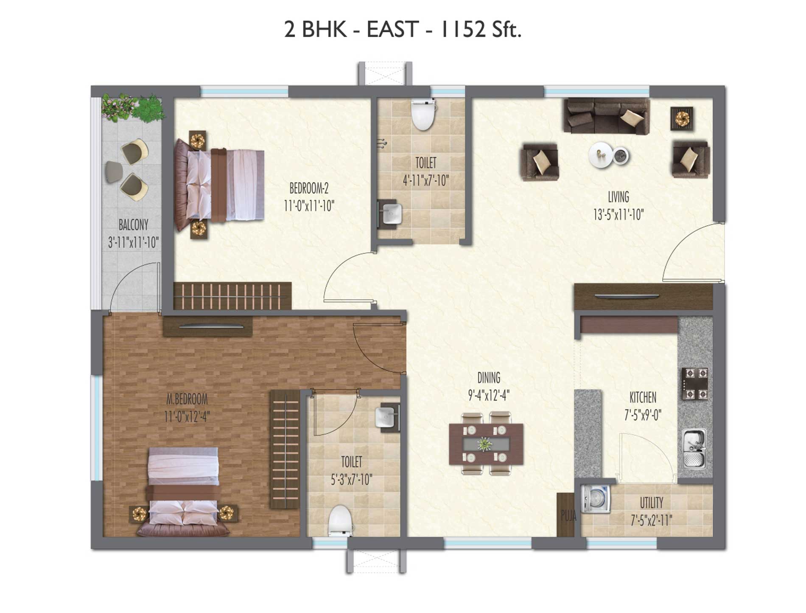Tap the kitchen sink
pos(694,448)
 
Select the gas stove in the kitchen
pos(695,384)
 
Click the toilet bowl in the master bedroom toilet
pos(341,520)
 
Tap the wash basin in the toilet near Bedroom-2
pos(391,214)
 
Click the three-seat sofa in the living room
pos(607,116)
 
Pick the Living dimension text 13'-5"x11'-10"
pos(618,215)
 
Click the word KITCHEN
pos(643,397)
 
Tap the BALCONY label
pos(133,225)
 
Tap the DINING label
pos(489,377)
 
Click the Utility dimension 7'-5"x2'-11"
pos(651,520)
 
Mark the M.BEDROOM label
pos(187,399)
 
